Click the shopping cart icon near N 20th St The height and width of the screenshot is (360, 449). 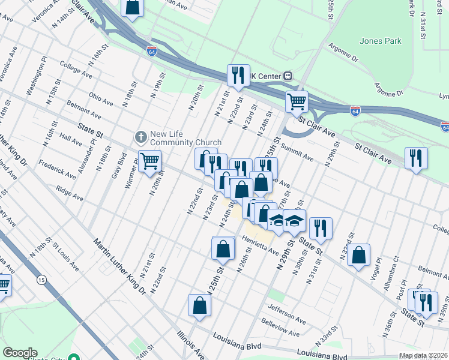point(149,160)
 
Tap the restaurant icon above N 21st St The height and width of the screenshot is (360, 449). point(238,75)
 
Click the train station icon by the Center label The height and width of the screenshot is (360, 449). point(288,76)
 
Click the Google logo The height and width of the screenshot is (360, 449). point(20,353)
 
